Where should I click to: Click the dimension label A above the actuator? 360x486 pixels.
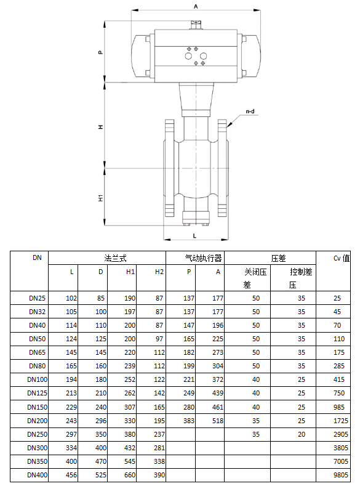point(196,6)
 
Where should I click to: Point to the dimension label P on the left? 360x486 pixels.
point(100,52)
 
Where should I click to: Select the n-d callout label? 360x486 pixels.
point(250,111)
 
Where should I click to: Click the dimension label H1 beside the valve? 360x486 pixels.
point(100,198)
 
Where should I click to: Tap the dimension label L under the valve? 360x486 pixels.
point(194,235)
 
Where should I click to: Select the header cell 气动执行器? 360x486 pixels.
point(204,258)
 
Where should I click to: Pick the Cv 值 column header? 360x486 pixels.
point(341,258)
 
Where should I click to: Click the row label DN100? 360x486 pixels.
point(37,379)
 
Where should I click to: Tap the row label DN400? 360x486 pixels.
point(37,474)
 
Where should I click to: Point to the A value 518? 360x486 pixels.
point(217,420)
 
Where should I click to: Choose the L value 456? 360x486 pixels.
point(70,474)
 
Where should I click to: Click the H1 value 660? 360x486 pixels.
point(129,474)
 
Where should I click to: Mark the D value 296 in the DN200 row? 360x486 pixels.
point(100,420)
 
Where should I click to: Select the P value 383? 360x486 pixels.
point(188,420)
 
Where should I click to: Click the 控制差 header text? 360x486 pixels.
point(302,272)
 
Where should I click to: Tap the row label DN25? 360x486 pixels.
point(37,298)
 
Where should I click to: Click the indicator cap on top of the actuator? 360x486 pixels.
point(197,24)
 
